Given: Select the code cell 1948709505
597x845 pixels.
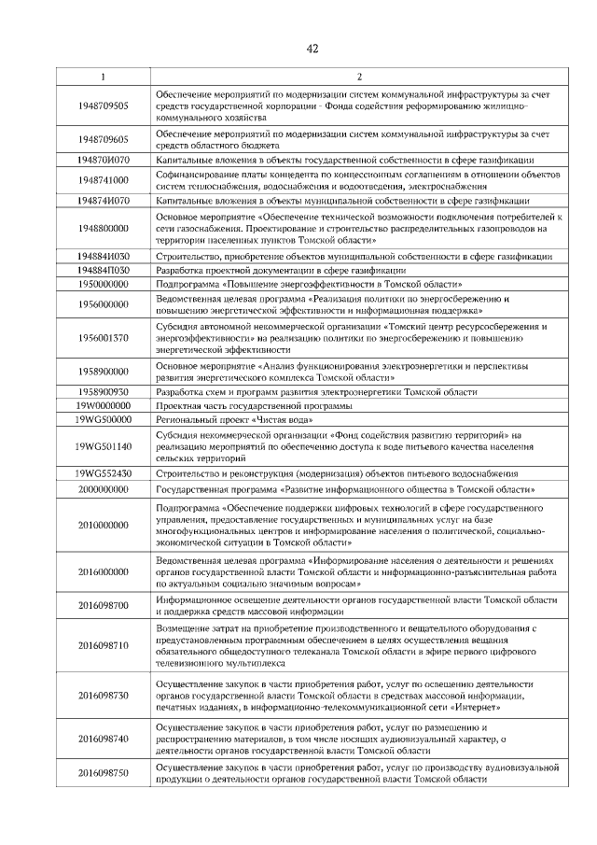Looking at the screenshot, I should pyautogui.click(x=104, y=106).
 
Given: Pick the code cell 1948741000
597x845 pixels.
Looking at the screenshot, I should pyautogui.click(x=104, y=179).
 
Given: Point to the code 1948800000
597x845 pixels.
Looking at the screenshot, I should pyautogui.click(x=104, y=228).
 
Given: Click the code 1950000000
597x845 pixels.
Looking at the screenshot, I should pyautogui.click(x=104, y=282).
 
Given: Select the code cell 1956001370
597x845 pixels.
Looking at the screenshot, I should pyautogui.click(x=104, y=338).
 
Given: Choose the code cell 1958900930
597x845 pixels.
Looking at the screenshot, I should pyautogui.click(x=104, y=391).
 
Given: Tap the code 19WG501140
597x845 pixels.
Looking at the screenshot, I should pyautogui.click(x=104, y=446).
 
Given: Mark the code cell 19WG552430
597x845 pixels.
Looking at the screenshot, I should pyautogui.click(x=104, y=473).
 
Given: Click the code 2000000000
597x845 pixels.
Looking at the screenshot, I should pyautogui.click(x=104, y=488).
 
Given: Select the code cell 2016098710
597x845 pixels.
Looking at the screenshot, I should pyautogui.click(x=104, y=644).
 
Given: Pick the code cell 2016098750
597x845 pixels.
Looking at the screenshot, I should pyautogui.click(x=104, y=773).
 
